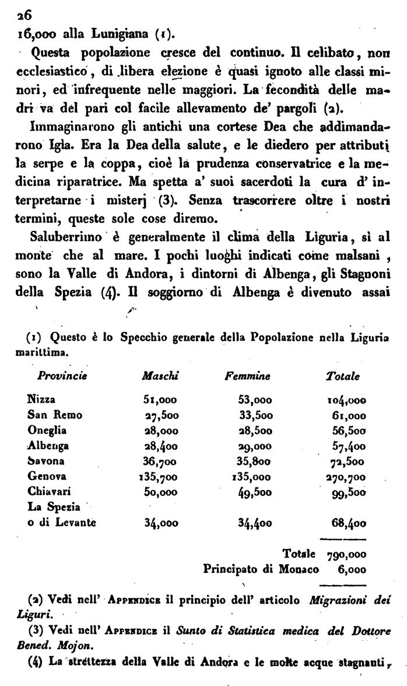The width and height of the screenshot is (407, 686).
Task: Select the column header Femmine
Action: click(247, 377)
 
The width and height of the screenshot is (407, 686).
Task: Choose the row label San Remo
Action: click(55, 415)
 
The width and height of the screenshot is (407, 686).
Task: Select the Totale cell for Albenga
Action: click(346, 446)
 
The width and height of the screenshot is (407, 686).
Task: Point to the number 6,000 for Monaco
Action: click(352, 568)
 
